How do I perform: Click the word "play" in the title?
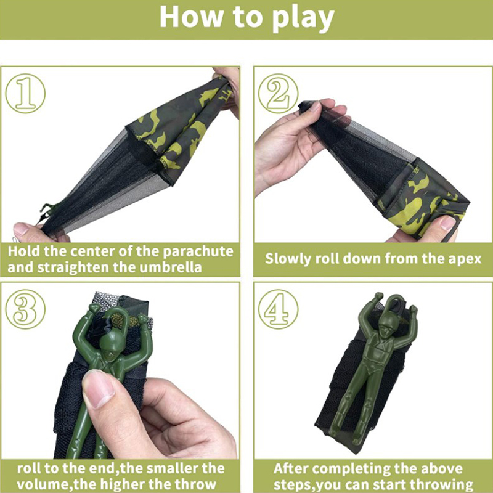pos(302,18)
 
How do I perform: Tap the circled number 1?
pos(25,94)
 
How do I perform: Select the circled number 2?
pos(279,94)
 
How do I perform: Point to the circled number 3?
pos(25,309)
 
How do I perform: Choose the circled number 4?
pos(279,309)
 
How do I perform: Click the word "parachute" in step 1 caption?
pos(198,251)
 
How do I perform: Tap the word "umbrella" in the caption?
pos(171,267)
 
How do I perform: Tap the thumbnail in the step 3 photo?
pos(98,388)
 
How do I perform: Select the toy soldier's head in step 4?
pos(387,327)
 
